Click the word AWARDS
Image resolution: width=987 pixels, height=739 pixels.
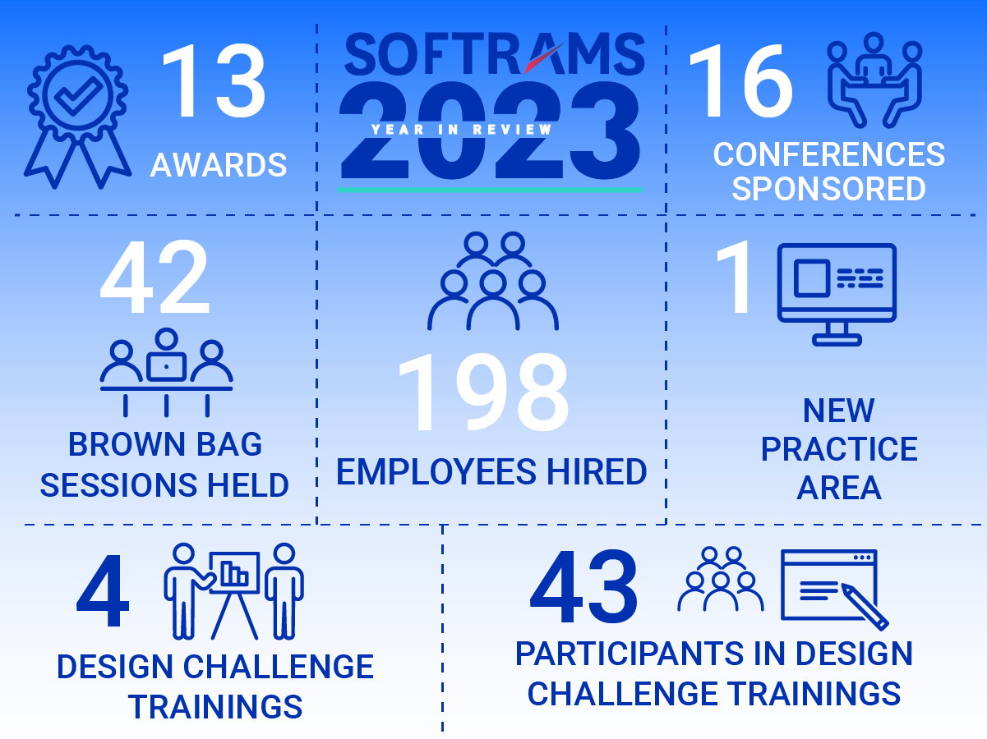coord(219,165)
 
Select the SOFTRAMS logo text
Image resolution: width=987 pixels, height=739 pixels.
coord(494,53)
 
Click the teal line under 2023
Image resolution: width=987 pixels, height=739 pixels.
coord(490,190)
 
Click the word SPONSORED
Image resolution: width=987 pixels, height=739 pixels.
coord(828,189)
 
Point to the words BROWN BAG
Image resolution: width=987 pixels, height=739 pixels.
coord(165,444)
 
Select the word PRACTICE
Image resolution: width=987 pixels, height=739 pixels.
coord(839,449)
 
